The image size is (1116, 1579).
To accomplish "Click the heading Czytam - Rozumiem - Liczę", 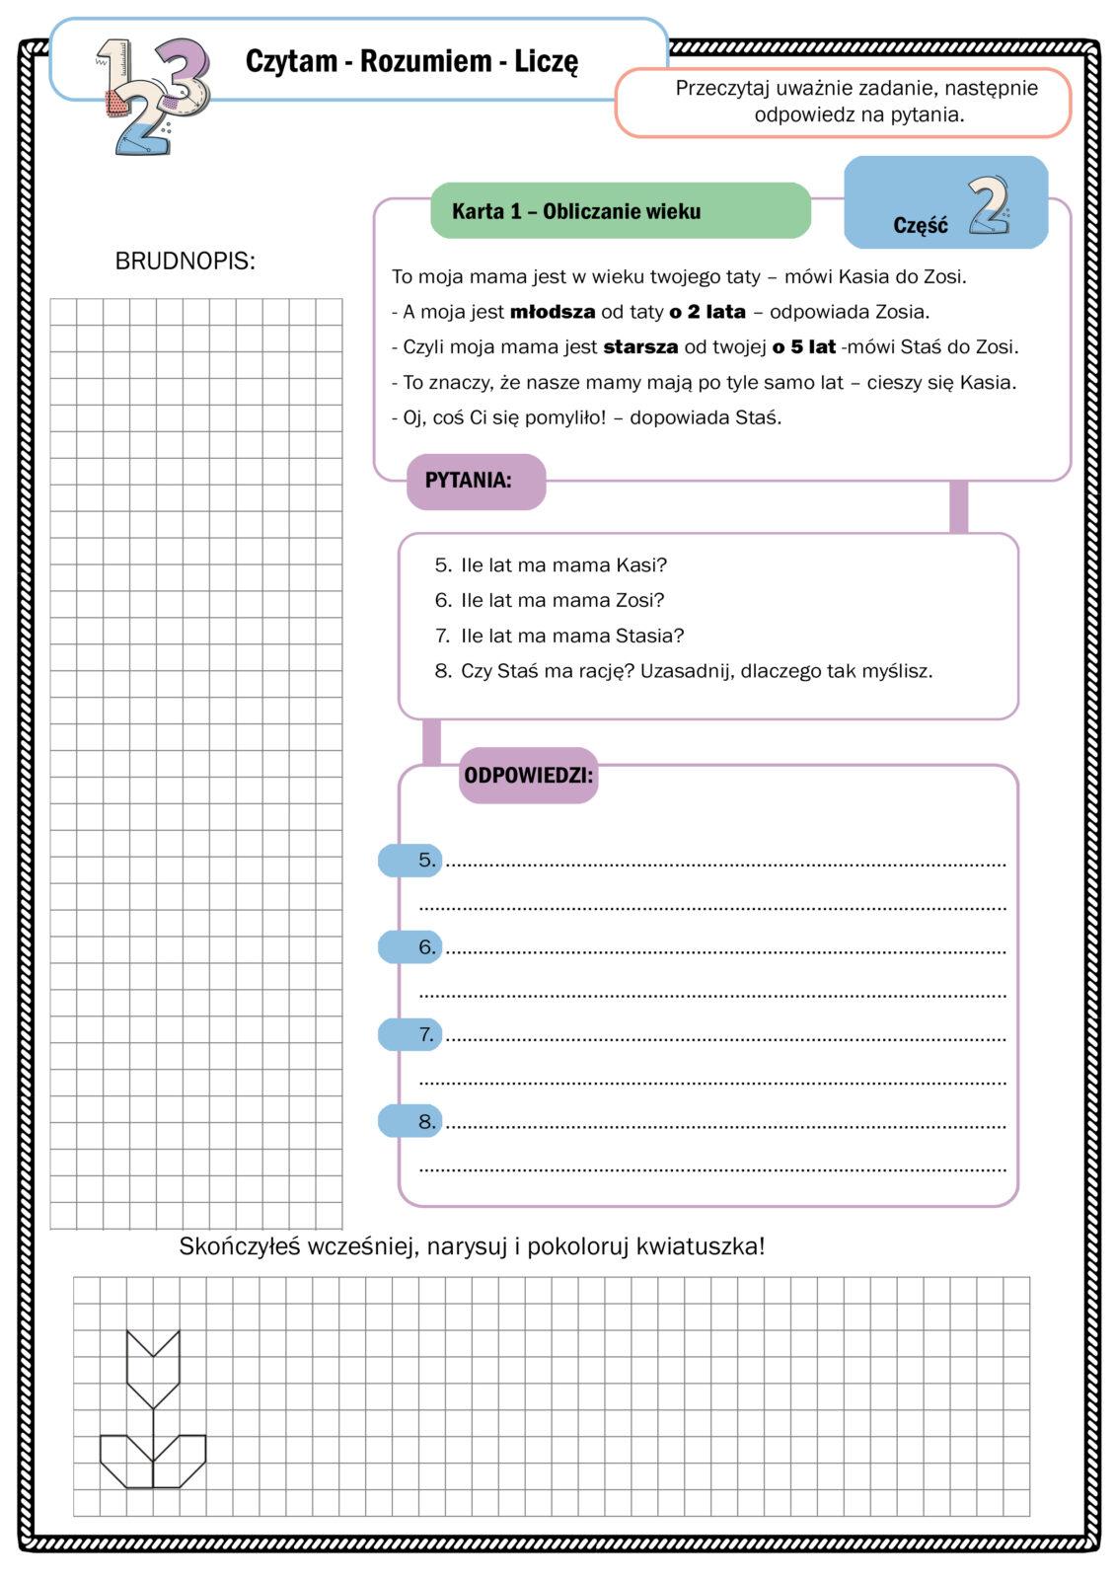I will (411, 61).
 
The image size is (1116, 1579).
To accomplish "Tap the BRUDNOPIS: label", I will (186, 262).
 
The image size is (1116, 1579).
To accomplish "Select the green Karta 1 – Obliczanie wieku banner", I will (620, 211).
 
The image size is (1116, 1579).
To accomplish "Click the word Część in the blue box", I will (920, 225).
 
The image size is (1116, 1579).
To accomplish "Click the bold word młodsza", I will (553, 312).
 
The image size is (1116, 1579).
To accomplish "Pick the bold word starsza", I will (640, 347).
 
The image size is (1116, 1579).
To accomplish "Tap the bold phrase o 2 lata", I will (707, 312).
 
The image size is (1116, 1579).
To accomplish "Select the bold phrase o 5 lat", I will (804, 347).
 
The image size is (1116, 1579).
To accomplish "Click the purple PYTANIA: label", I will (476, 482).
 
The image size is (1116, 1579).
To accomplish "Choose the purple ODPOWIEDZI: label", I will (529, 776).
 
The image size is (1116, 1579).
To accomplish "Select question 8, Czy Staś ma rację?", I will (695, 671).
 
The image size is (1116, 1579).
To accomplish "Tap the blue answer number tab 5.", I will (410, 861).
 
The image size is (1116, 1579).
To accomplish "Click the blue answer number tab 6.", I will (410, 947).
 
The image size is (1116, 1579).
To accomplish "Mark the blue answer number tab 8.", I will (410, 1122).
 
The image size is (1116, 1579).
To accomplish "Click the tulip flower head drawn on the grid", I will (153, 1368).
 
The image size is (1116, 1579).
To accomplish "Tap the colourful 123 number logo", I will (153, 94).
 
